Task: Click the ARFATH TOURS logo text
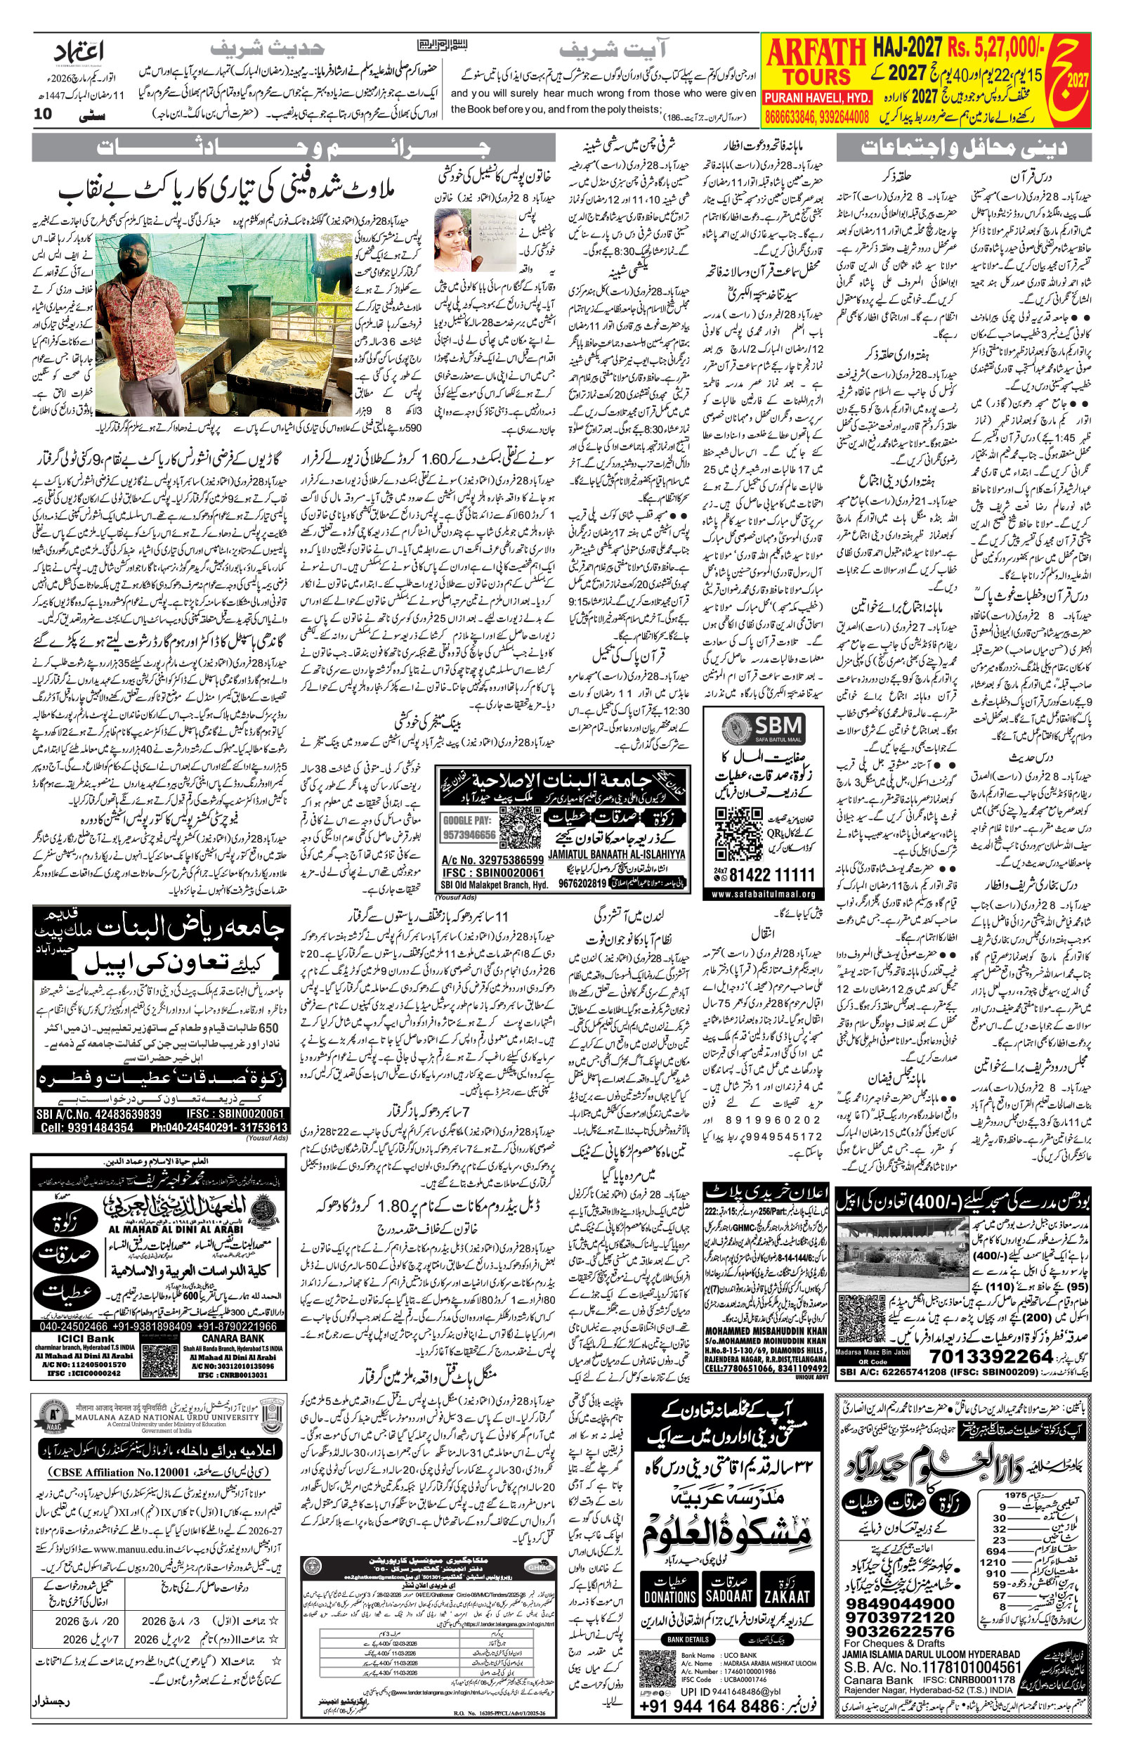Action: tap(816, 63)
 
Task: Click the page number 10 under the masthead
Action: tap(43, 113)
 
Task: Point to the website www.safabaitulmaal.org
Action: tap(763, 893)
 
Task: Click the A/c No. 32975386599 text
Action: tap(492, 860)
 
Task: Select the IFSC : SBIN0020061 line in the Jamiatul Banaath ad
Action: tap(492, 872)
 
